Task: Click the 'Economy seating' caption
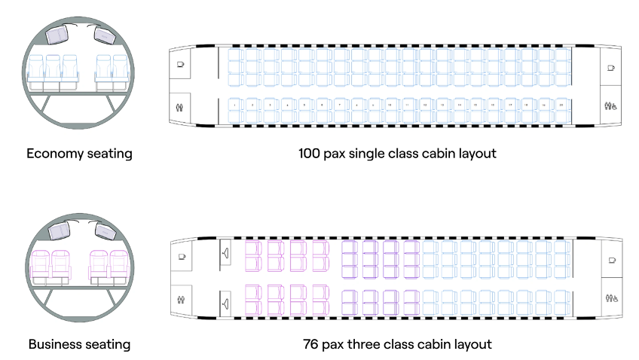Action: click(x=79, y=154)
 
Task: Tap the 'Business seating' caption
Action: click(x=79, y=345)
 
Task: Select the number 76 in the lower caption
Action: click(x=311, y=345)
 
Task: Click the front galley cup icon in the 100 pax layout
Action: click(x=181, y=66)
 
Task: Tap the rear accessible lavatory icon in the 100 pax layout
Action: click(x=610, y=106)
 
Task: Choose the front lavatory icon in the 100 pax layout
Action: click(x=181, y=106)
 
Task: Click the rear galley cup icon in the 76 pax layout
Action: click(x=610, y=259)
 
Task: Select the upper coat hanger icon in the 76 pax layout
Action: click(x=225, y=252)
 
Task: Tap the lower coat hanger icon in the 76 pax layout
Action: click(x=225, y=303)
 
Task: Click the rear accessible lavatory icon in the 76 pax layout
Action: click(x=610, y=297)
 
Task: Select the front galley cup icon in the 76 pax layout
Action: click(x=181, y=257)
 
